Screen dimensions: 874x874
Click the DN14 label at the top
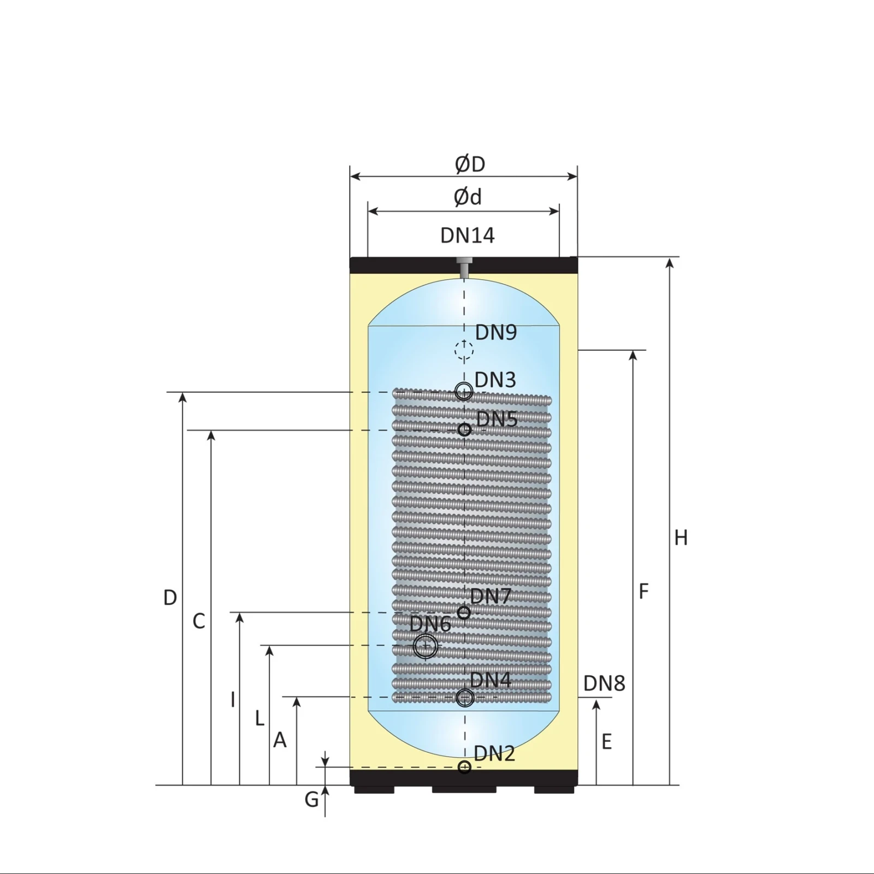468,235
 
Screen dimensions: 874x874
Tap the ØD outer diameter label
470,164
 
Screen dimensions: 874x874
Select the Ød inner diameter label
468,197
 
